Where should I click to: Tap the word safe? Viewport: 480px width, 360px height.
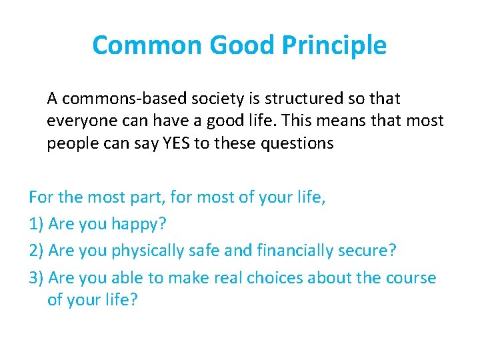221,251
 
